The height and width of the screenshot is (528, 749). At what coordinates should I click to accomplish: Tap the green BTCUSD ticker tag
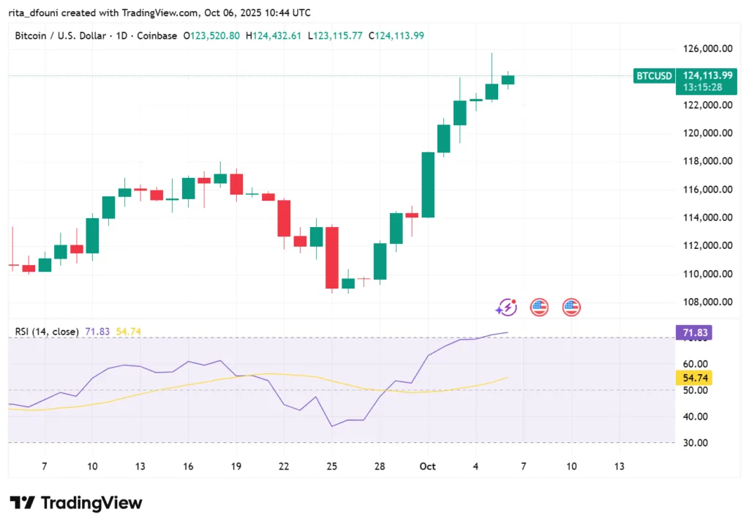653,75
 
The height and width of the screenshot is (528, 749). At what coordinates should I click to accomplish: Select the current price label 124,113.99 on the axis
707,75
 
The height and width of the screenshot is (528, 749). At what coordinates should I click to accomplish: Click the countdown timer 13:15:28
703,87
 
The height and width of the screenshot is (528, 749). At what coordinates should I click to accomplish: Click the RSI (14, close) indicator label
47,332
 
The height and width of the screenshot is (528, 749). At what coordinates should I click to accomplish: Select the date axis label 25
332,466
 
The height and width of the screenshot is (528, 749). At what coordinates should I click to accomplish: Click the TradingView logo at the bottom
75,503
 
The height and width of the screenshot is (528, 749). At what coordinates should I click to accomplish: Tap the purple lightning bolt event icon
506,308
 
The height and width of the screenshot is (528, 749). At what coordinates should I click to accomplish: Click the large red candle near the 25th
332,257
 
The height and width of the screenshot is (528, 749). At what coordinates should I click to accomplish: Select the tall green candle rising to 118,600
428,185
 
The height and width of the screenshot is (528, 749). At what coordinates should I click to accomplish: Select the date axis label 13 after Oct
620,466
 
